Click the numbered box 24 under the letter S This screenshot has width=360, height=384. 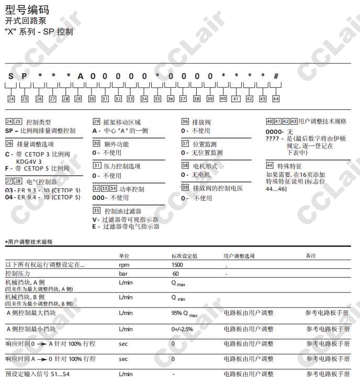click(x=11, y=98)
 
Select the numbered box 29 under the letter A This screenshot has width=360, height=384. click(x=78, y=98)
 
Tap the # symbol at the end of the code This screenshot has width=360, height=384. click(x=276, y=76)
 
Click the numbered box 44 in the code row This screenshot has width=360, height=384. click(x=276, y=98)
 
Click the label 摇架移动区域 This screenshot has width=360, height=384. click(x=121, y=121)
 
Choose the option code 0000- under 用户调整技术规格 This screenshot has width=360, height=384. click(x=275, y=132)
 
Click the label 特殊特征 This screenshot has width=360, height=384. click(x=287, y=165)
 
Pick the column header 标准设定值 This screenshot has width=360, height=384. click(x=184, y=255)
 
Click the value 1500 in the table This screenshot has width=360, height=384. click(x=177, y=265)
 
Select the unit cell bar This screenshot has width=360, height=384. click(x=123, y=274)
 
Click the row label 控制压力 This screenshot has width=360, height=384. click(x=18, y=274)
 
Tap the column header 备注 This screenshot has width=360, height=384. click(x=311, y=255)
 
